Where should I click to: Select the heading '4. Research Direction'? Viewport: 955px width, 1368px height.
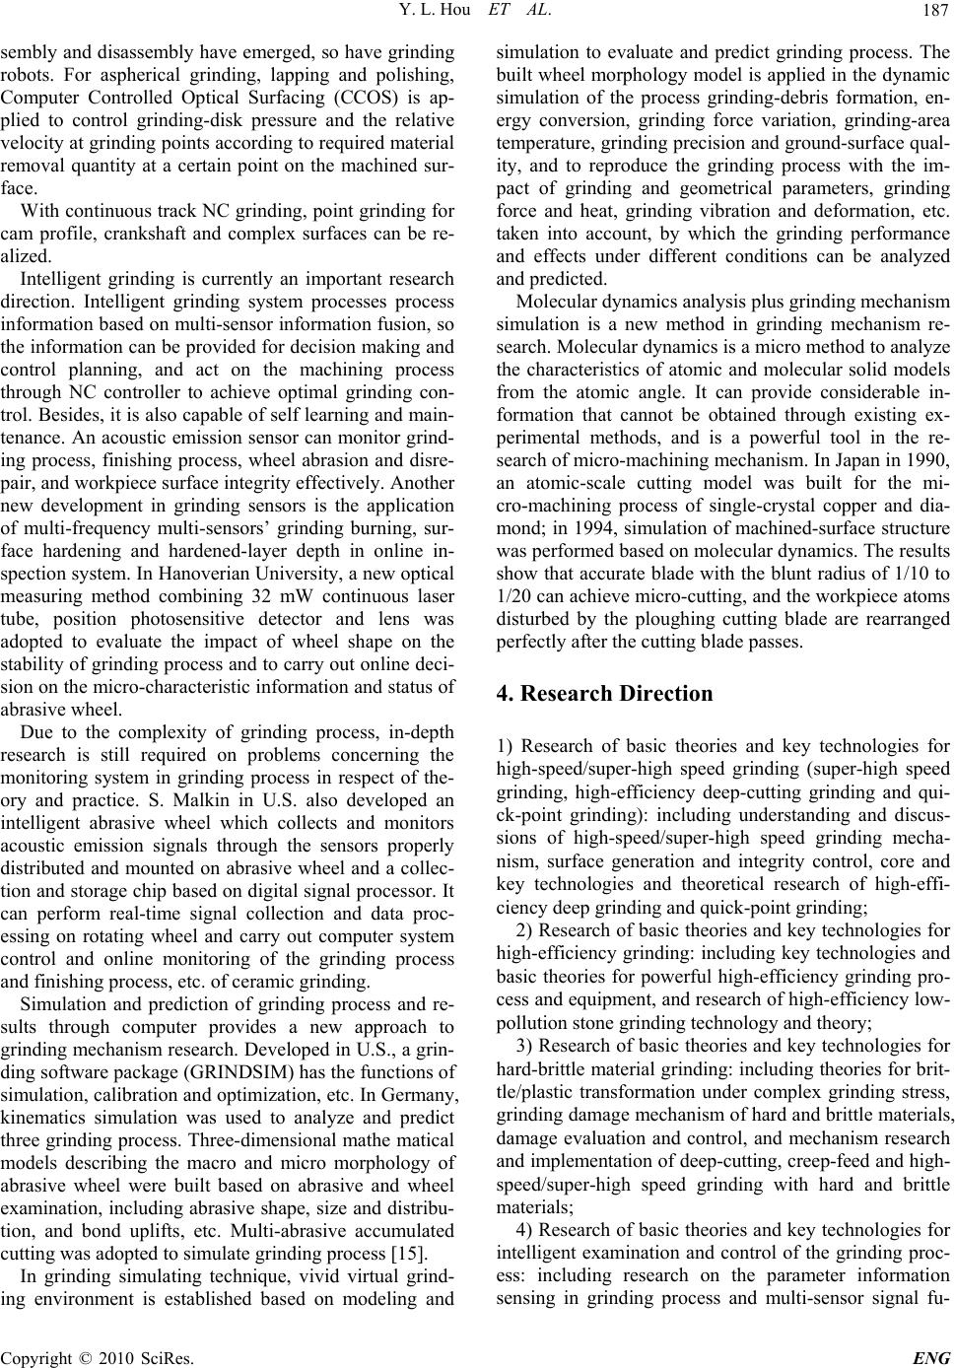(x=605, y=693)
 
